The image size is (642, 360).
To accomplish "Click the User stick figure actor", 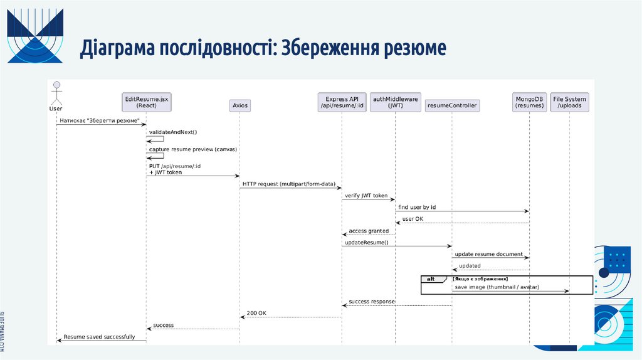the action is tap(56, 94).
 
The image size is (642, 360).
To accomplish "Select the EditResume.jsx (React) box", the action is tap(146, 102).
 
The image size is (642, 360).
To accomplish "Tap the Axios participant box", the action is tap(239, 105).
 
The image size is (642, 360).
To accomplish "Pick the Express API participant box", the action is tap(342, 102).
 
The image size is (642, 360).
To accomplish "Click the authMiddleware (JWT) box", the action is tap(396, 102).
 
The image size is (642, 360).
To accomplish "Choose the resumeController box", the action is tap(452, 105).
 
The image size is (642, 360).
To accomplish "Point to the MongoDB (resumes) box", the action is tap(529, 102).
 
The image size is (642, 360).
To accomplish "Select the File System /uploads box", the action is tap(569, 102).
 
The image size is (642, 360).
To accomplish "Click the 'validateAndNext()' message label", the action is tap(173, 132).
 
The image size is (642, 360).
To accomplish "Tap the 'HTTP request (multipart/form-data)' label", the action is tap(289, 183).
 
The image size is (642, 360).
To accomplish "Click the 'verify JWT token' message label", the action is tap(366, 196).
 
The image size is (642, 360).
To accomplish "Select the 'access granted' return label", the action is tap(369, 231).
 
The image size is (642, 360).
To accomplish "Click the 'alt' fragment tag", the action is tap(430, 279).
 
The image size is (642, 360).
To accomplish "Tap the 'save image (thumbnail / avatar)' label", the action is tap(497, 287).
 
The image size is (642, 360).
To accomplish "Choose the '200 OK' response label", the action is tap(256, 312).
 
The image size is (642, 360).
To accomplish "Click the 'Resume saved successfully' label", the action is tap(99, 337).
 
